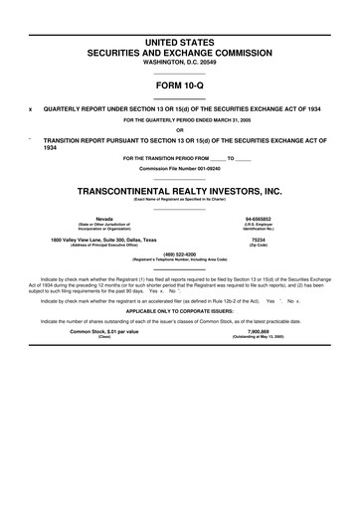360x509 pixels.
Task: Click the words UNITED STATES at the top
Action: [x=180, y=39]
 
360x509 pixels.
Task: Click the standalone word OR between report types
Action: [x=180, y=129]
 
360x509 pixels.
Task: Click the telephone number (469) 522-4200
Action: [x=180, y=253]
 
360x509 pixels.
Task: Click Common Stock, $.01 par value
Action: [x=103, y=360]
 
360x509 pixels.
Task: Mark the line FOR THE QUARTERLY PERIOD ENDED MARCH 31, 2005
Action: [x=180, y=120]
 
